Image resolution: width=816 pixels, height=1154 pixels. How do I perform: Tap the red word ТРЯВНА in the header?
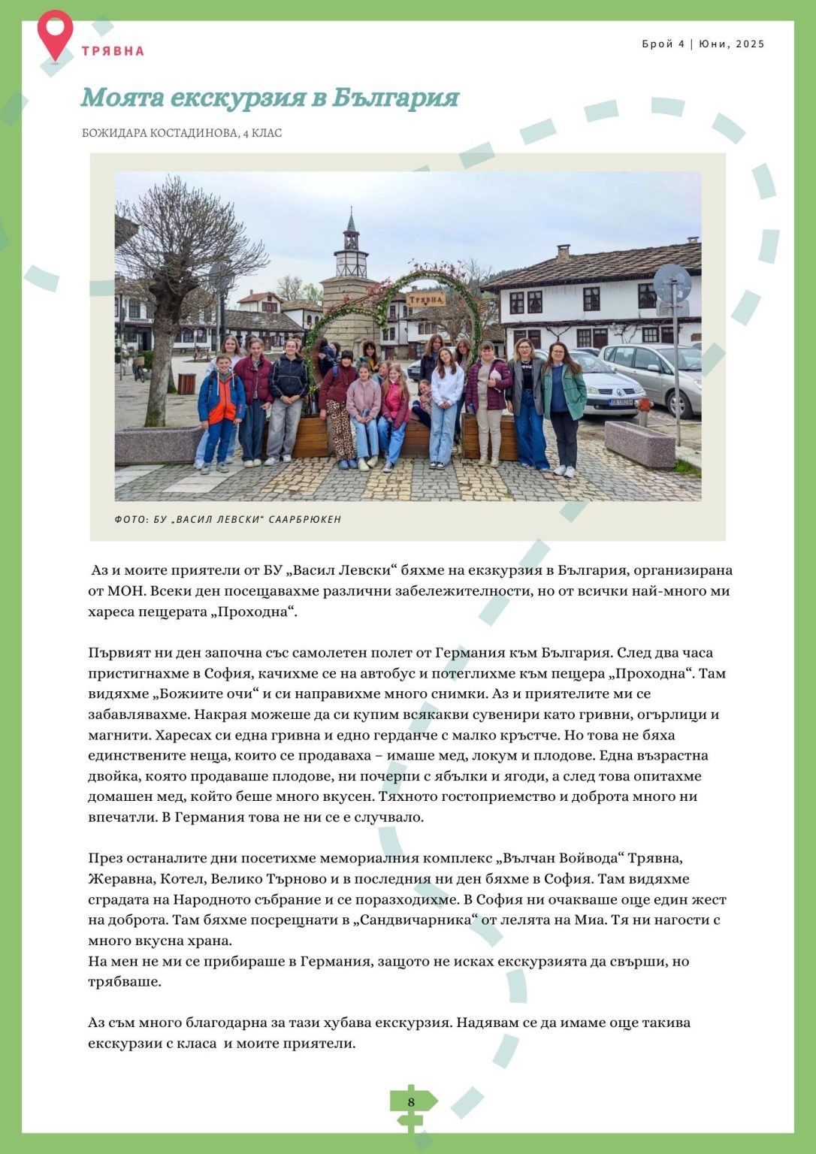pos(113,51)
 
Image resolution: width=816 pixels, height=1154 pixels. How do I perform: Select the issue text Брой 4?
pos(663,44)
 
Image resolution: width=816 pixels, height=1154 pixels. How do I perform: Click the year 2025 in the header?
pos(750,44)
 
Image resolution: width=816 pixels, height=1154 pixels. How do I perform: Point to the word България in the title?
pos(395,98)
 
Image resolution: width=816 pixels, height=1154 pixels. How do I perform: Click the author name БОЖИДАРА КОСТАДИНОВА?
pos(159,133)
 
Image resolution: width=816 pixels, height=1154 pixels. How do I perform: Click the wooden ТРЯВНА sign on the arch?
pos(426,299)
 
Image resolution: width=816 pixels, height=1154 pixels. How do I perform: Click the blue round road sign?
pos(672,283)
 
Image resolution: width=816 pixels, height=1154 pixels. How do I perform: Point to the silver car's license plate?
pos(621,403)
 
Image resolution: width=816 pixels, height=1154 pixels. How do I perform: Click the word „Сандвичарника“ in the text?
pos(426,920)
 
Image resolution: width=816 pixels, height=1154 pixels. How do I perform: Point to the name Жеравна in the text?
pos(119,879)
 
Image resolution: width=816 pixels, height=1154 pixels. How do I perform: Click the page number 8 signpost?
pos(411,1102)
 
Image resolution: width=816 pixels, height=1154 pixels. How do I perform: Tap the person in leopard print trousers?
pos(339,428)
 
